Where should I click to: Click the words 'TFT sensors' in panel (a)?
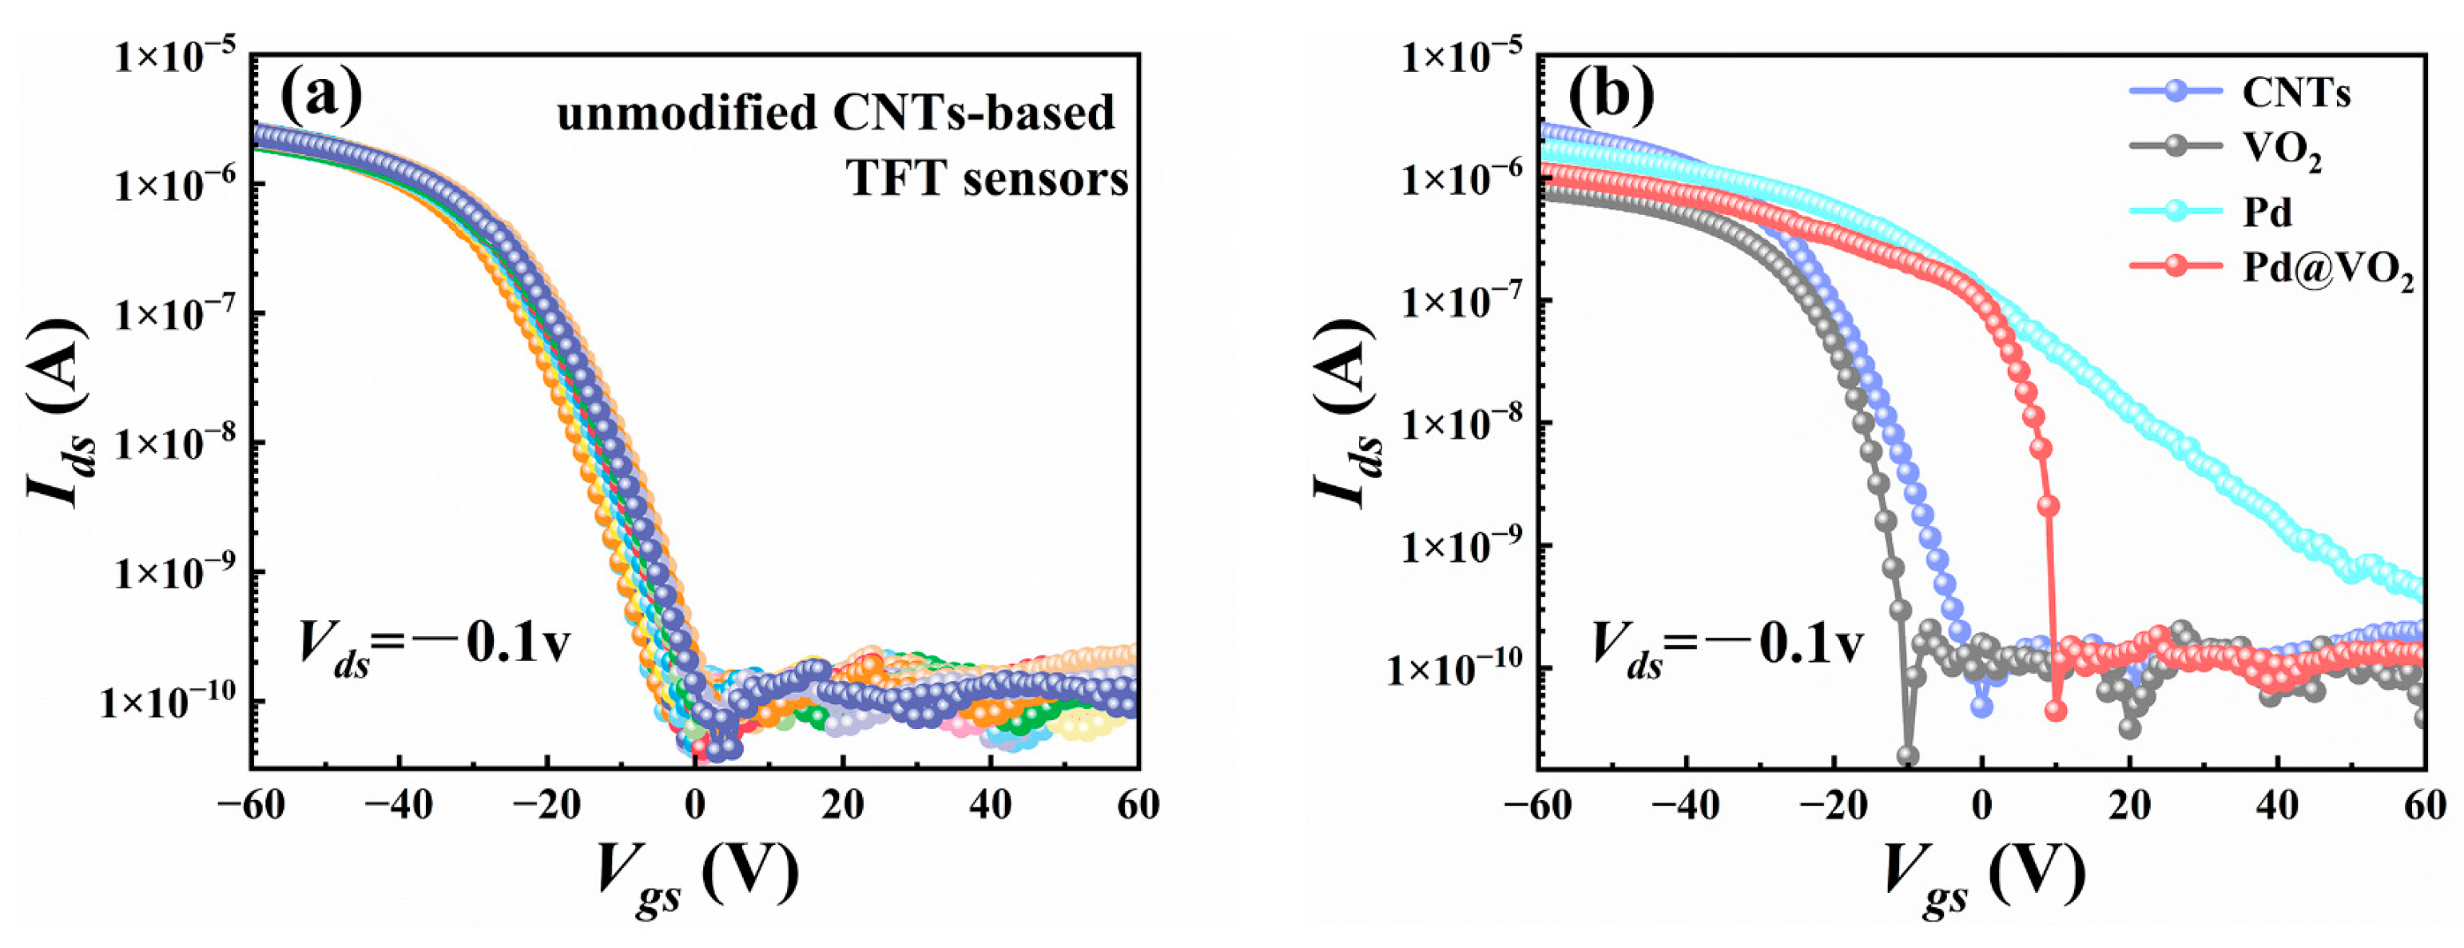988,178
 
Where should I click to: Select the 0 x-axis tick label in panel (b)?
1982,806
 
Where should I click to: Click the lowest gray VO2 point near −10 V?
1907,755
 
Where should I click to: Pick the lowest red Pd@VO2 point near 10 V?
2056,711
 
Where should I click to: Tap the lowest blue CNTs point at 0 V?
1982,706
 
